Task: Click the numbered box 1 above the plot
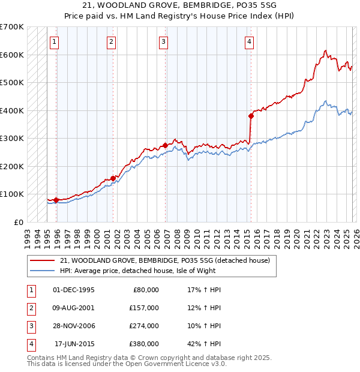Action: click(55, 41)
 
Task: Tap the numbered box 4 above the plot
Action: click(249, 41)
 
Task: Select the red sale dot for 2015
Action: click(251, 116)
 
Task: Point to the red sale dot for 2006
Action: click(165, 145)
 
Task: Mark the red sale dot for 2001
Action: click(112, 178)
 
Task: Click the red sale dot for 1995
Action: click(56, 200)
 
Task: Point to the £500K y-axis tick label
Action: click(12, 82)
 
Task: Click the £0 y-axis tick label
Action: click(19, 222)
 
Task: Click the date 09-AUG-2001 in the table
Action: click(74, 308)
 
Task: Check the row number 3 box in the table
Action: click(30, 326)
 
